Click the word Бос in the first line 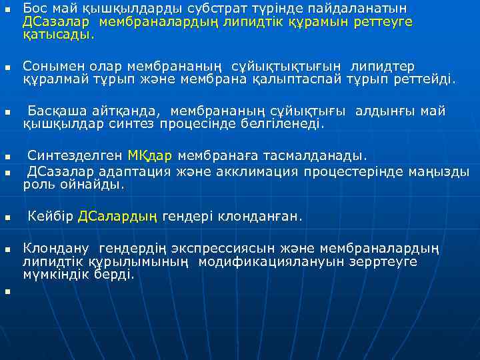tap(34, 9)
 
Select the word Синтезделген tap(75, 156)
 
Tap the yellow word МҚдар tap(150, 156)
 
